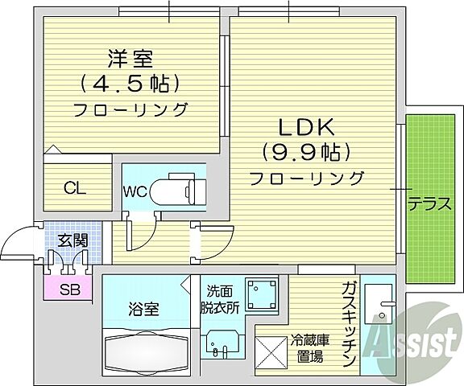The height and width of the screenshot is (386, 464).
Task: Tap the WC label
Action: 134,191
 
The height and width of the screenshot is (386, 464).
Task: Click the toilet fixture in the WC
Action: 177,191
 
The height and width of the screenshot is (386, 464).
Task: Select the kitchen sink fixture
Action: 376,302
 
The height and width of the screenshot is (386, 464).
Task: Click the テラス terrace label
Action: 428,203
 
